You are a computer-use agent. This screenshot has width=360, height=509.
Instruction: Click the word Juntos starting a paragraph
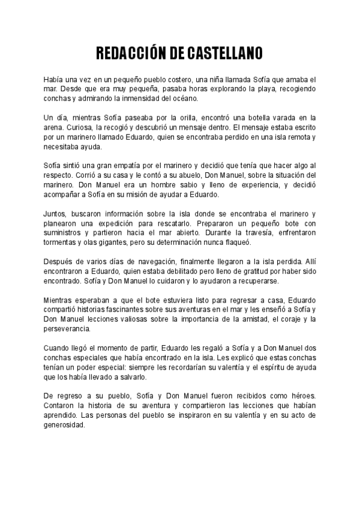(x=55, y=214)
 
